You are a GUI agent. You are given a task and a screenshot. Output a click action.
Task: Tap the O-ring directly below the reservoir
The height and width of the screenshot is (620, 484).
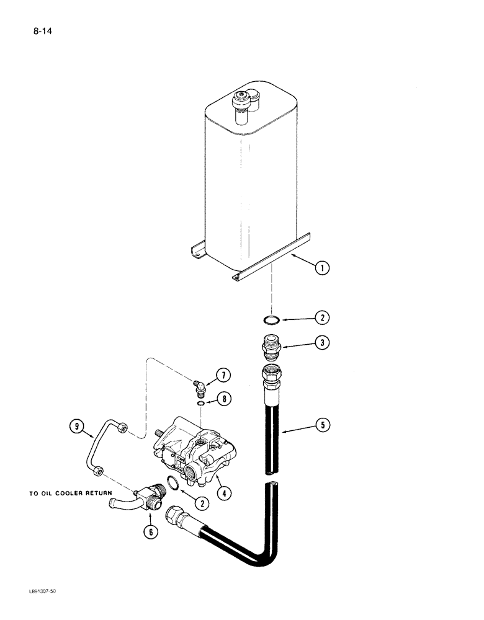(x=268, y=319)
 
